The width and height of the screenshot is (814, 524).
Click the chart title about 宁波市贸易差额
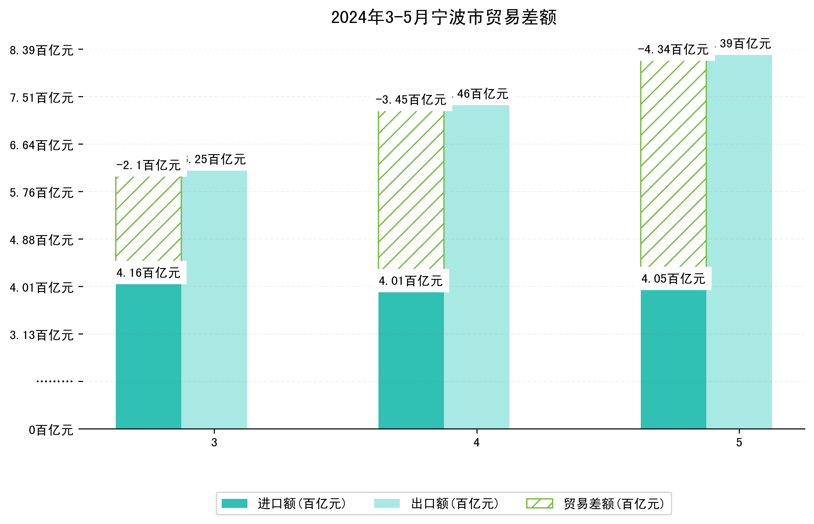click(443, 17)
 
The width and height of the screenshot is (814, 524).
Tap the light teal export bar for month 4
click(476, 267)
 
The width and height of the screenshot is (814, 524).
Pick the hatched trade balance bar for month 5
click(673, 163)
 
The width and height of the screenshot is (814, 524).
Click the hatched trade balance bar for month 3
click(148, 218)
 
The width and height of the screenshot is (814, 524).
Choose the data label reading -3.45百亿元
click(411, 100)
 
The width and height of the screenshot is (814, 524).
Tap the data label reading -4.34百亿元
click(673, 50)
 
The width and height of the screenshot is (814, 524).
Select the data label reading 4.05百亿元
click(673, 279)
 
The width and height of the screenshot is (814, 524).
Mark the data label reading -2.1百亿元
click(148, 165)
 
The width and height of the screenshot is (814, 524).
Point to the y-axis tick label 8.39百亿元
click(42, 50)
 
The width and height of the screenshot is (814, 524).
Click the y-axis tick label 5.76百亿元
click(42, 193)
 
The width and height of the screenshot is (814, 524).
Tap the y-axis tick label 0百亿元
click(51, 430)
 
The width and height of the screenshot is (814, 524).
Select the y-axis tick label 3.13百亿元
click(42, 335)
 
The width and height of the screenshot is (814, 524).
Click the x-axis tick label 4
click(476, 442)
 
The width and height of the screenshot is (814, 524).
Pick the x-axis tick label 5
click(739, 442)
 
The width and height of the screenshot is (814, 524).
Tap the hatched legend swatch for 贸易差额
click(539, 503)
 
